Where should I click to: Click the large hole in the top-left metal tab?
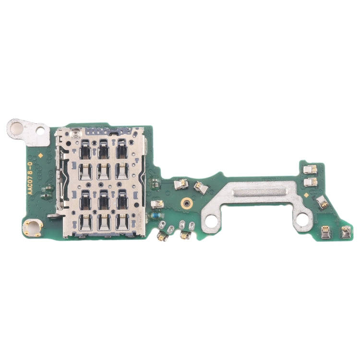pyautogui.click(x=17, y=127)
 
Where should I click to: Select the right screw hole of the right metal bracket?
pyautogui.click(x=302, y=219)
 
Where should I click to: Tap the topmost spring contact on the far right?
pyautogui.click(x=311, y=169)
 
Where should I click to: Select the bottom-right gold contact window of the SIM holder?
pyautogui.click(x=122, y=221)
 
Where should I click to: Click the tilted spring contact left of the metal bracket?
pyautogui.click(x=201, y=186)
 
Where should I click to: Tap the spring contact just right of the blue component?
pyautogui.click(x=161, y=235)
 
